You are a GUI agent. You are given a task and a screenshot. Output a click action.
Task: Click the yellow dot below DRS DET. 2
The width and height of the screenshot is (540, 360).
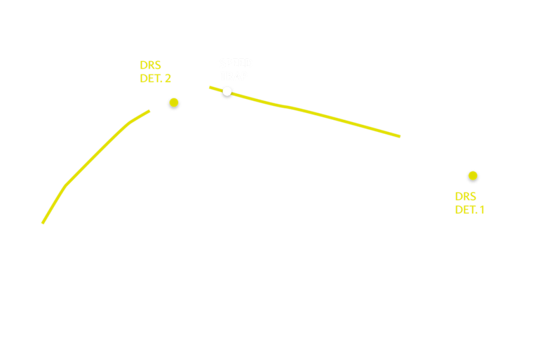(174, 102)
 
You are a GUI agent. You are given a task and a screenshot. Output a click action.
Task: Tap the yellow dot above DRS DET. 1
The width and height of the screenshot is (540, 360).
(473, 175)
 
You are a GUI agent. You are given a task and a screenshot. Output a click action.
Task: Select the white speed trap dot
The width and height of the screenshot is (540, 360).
(227, 91)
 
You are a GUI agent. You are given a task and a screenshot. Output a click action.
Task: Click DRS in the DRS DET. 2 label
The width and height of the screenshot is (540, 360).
(150, 65)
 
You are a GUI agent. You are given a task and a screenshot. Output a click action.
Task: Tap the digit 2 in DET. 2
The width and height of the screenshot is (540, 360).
(168, 79)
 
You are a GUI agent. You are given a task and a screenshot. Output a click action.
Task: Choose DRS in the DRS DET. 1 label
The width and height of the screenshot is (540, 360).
(465, 196)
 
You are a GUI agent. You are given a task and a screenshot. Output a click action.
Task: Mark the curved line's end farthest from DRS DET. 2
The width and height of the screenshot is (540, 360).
(43, 223)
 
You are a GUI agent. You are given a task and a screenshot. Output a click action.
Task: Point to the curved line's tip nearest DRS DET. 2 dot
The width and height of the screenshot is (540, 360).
(149, 110)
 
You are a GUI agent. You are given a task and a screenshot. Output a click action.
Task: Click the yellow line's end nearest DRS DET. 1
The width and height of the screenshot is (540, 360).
(400, 136)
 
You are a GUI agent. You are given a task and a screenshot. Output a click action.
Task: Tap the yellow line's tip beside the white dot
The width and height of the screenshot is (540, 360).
(210, 87)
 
